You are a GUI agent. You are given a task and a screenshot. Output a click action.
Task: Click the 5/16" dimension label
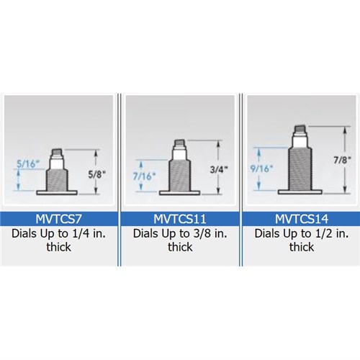tap(28, 164)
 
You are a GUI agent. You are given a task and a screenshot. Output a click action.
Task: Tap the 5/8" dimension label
tap(97, 174)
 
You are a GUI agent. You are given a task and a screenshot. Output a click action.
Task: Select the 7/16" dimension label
tap(144, 176)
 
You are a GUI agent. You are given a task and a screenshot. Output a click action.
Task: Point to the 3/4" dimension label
tap(219, 170)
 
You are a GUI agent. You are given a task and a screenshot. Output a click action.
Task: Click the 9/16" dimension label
tap(261, 168)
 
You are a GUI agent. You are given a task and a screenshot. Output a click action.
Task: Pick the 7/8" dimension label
tap(343, 160)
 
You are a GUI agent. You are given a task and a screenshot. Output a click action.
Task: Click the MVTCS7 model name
tap(58, 219)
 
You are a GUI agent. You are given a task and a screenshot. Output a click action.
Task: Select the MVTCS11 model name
tap(180, 219)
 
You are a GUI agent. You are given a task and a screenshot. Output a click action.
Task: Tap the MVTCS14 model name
tap(302, 219)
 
